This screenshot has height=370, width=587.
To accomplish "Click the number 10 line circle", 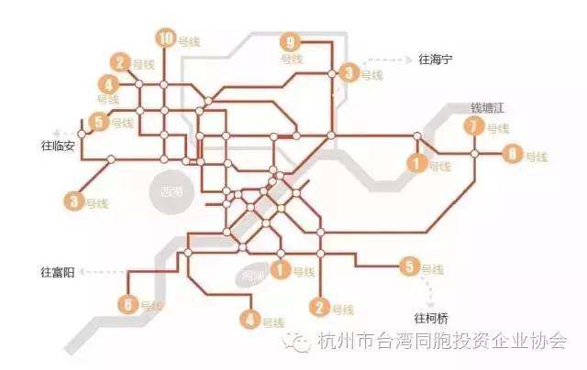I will pyautogui.click(x=165, y=38).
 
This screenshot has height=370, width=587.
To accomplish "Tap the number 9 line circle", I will pyautogui.click(x=292, y=42).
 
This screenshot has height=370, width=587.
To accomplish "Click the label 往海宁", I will pyautogui.click(x=436, y=60).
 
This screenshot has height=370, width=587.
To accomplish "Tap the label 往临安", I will pyautogui.click(x=60, y=146).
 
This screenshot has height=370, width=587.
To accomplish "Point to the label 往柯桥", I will pyautogui.click(x=433, y=318).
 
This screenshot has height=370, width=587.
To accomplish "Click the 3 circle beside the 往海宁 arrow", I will pyautogui.click(x=349, y=73).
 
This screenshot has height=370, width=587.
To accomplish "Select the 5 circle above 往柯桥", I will pyautogui.click(x=409, y=267).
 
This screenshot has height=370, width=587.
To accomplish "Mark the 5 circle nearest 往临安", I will pyautogui.click(x=98, y=121).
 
